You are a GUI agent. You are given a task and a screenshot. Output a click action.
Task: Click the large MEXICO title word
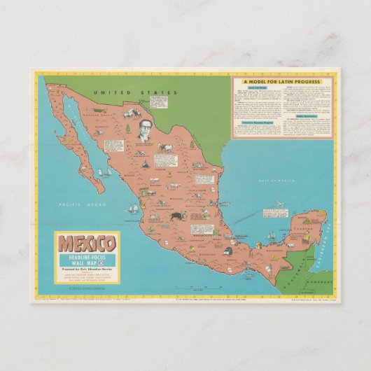click(x=87, y=244)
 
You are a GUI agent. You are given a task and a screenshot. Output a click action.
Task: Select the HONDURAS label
click(x=319, y=274)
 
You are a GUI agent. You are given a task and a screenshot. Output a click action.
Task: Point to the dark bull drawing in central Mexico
click(x=174, y=217)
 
